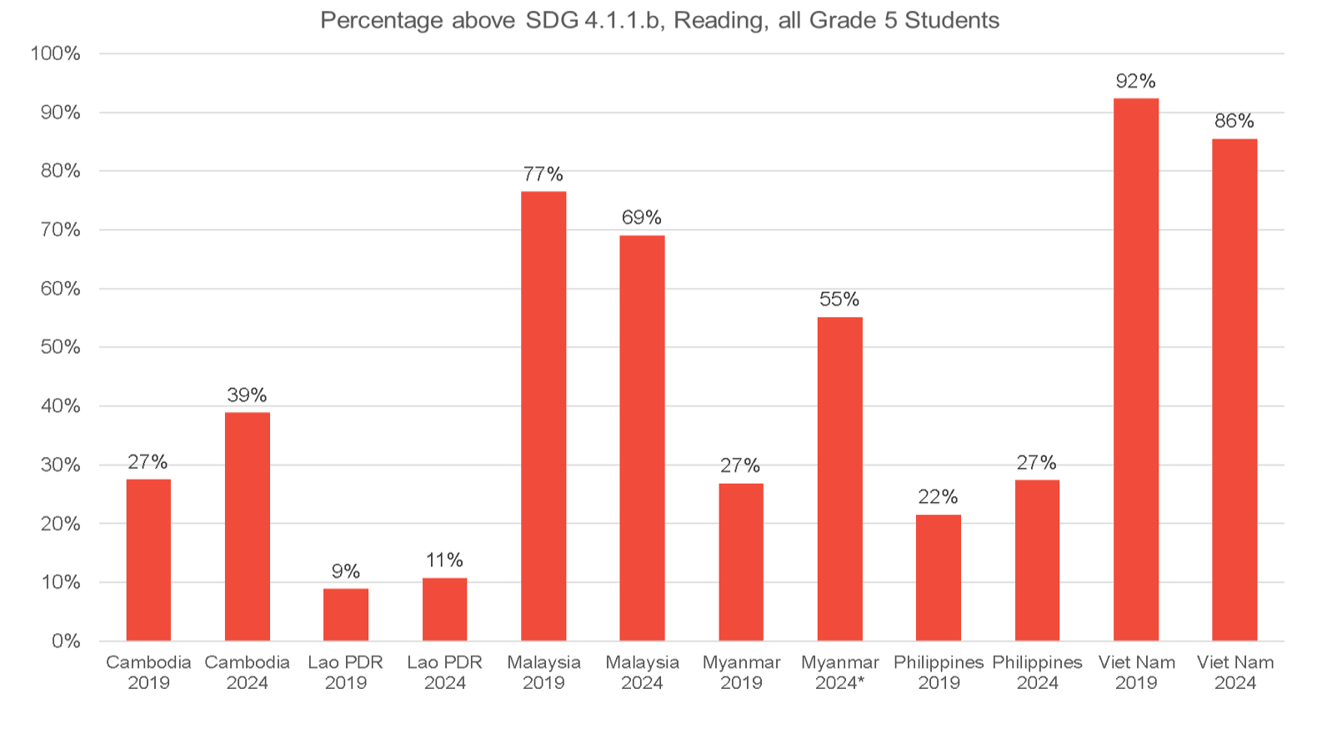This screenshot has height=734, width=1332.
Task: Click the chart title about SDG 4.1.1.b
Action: coord(659,20)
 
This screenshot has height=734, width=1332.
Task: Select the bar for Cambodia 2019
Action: coord(148,560)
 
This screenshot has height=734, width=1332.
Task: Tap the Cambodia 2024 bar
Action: coord(248,526)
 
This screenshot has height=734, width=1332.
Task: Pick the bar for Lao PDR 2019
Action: coord(346,615)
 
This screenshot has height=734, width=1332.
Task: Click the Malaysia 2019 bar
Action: coord(543,416)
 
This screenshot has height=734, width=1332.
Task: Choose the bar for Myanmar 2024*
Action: coord(840,479)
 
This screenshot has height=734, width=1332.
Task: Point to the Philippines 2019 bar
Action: coord(939,577)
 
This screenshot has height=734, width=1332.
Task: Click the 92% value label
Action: coord(1136,81)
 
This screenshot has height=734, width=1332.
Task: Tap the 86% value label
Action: coord(1234,121)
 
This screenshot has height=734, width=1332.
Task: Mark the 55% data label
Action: coord(839,299)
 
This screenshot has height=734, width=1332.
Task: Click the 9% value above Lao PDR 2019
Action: coord(346,571)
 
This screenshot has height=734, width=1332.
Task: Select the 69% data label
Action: coord(642,218)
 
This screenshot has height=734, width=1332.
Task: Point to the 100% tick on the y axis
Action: coord(56,53)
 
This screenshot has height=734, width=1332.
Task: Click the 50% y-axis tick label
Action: coord(60,347)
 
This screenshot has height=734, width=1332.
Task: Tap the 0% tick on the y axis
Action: coord(66,641)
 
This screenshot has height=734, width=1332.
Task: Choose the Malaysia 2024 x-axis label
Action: coord(642,672)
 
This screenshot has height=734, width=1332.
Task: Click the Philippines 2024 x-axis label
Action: coord(1037,672)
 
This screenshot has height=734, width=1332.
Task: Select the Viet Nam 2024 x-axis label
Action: coord(1235,672)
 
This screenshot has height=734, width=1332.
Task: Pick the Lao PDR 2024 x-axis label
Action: coord(444,672)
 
